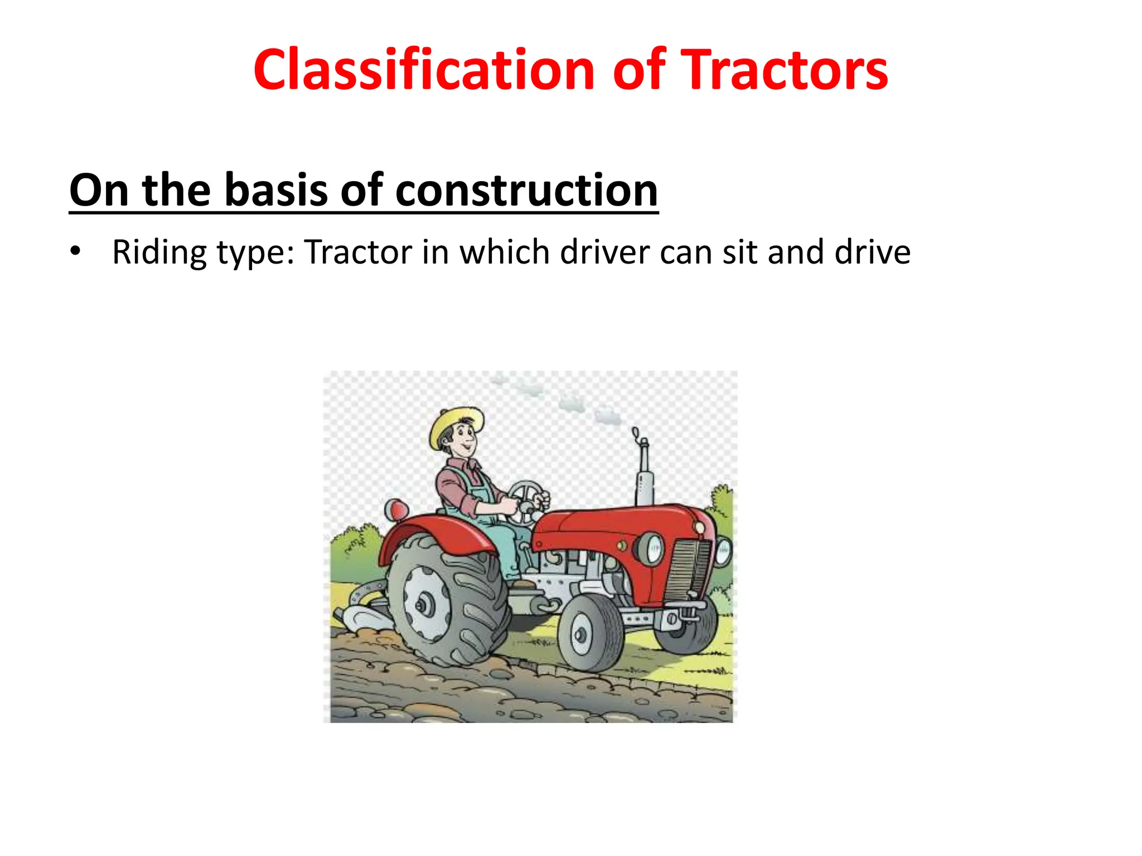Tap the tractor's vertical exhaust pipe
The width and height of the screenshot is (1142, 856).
click(x=644, y=474)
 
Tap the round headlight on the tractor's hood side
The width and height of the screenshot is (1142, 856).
click(x=651, y=549)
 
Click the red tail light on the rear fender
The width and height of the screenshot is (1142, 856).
click(x=397, y=510)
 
